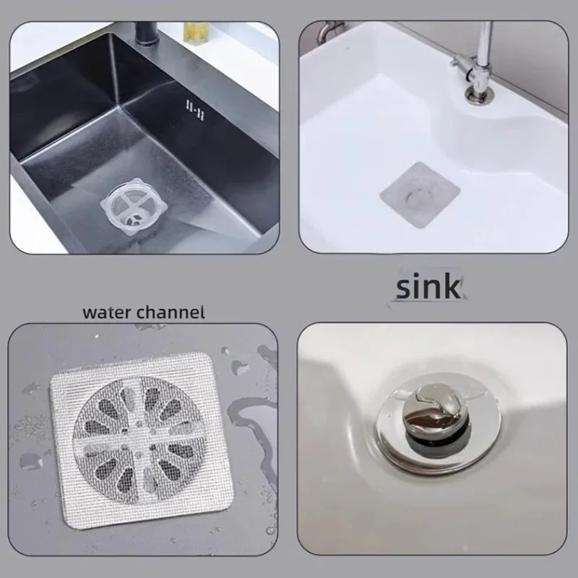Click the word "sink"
(x=427, y=286)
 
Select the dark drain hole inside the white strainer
(x=133, y=215)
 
